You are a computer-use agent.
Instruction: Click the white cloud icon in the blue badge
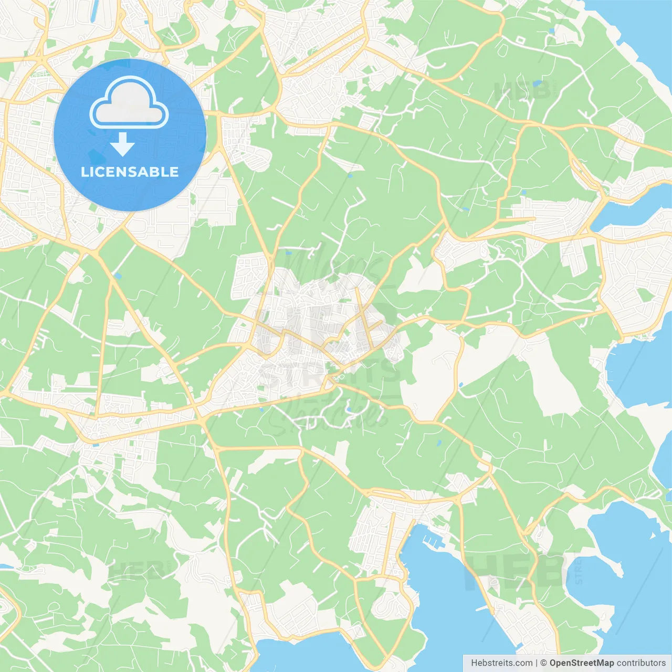(129, 103)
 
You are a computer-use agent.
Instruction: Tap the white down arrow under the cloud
(122, 145)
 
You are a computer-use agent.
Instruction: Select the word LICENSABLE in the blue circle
(130, 172)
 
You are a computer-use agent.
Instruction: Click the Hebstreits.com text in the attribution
(501, 663)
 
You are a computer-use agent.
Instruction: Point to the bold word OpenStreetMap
(582, 663)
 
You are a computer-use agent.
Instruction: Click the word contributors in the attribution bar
(641, 663)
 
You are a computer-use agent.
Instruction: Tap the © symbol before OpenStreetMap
(544, 663)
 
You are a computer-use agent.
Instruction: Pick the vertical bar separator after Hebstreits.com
(537, 663)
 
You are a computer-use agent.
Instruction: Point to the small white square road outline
(520, 40)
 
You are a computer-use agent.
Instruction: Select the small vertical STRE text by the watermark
(579, 571)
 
